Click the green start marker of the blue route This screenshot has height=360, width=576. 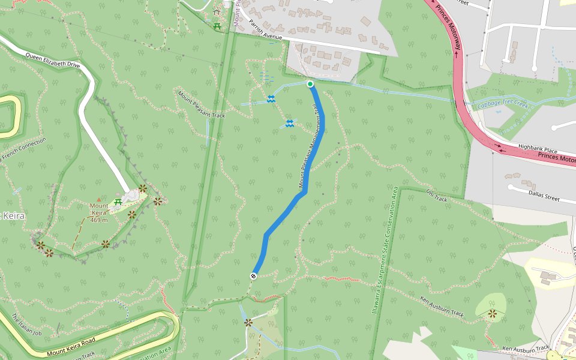310,84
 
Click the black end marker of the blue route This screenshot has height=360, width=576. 254,276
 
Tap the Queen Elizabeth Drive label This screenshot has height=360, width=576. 53,59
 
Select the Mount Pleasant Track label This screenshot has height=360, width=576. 201,104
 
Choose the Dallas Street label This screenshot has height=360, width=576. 544,197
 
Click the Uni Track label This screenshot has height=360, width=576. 437,196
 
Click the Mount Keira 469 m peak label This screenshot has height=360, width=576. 99,212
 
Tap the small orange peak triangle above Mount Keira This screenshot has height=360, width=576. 99,200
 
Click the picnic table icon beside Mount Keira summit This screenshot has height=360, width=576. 118,202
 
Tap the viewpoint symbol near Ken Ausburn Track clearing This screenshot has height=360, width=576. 493,313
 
